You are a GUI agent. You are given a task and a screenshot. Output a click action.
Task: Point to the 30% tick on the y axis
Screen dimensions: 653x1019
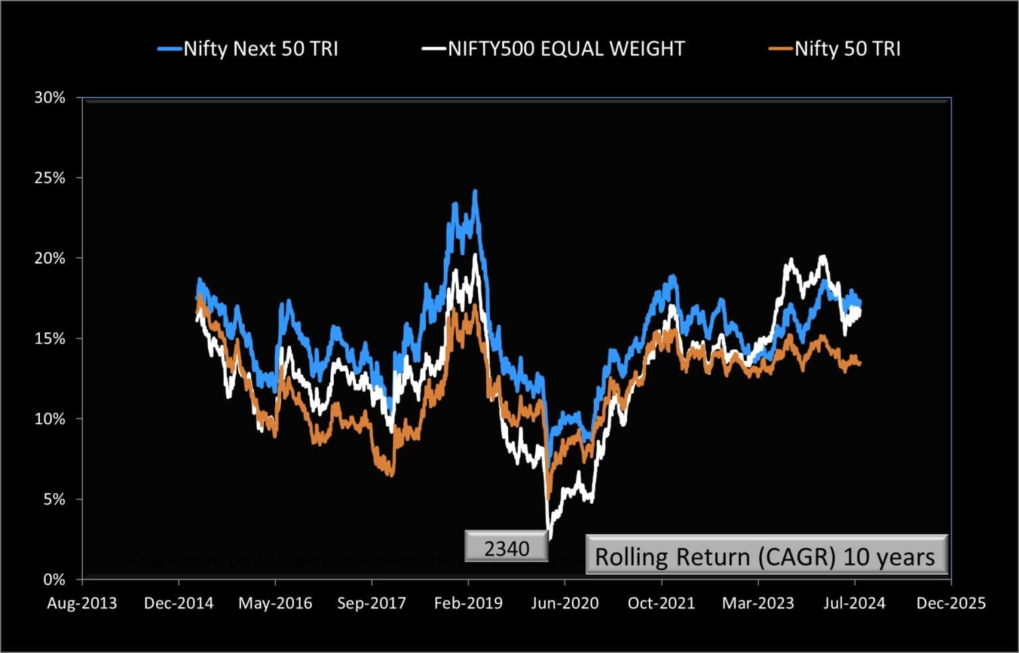50,98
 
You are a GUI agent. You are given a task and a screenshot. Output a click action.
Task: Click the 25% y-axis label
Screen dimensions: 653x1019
50,178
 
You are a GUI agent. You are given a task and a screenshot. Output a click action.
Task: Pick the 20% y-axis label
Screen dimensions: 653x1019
50,259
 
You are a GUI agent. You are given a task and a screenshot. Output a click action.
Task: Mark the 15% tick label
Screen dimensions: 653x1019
50,339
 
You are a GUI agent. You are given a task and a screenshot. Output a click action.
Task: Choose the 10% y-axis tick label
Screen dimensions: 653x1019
50,419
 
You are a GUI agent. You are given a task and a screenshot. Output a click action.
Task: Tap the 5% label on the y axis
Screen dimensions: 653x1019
54,499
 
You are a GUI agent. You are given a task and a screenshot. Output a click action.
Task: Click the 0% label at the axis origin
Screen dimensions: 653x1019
54,579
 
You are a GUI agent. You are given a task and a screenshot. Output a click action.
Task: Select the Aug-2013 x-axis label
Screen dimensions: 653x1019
82,603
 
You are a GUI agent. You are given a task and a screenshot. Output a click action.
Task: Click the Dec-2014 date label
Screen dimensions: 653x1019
178,603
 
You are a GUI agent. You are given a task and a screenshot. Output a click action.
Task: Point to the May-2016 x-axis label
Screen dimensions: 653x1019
275,603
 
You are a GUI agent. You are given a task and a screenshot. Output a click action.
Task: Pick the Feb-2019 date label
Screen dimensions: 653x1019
468,603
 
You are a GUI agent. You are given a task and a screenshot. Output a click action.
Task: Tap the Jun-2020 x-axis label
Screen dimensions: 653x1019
565,603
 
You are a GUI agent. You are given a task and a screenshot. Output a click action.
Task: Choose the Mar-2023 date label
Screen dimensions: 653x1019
758,603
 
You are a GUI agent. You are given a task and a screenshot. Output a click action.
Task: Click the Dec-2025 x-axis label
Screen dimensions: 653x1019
951,603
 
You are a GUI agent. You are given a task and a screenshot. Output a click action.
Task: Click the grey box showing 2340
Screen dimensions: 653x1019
507,548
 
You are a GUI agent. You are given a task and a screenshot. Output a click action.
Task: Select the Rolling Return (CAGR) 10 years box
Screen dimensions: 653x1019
766,556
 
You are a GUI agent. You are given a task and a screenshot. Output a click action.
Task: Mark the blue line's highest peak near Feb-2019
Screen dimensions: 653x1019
475,192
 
